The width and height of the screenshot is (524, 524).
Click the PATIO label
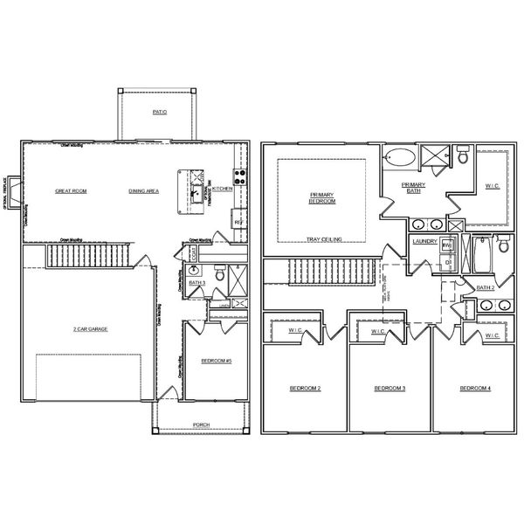[x=158, y=113]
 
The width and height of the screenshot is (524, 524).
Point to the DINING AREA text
[x=142, y=190]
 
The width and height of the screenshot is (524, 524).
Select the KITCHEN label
[x=221, y=189]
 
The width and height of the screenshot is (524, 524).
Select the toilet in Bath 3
[x=220, y=278]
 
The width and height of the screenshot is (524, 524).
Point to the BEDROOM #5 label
[x=215, y=361]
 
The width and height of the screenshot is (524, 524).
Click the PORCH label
[x=202, y=425]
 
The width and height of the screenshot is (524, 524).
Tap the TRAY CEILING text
[x=323, y=238]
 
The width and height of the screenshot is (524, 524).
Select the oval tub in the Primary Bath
[x=401, y=159]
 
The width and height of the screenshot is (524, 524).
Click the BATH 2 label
[x=486, y=287]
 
